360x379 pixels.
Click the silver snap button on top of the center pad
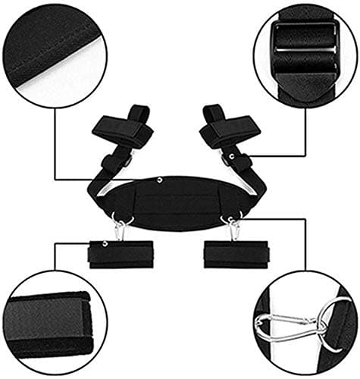pyautogui.click(x=161, y=180)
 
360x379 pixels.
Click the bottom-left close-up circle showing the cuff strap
pyautogui.click(x=53, y=323)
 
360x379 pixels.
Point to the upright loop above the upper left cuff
pyautogui.click(x=138, y=114)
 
